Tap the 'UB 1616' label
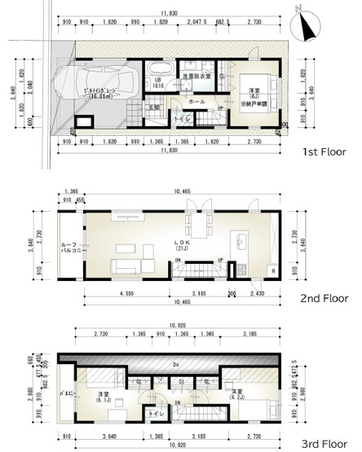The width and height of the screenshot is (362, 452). (160, 82)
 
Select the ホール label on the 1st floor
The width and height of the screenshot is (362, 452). (196, 102)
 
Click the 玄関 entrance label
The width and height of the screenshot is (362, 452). (155, 108)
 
